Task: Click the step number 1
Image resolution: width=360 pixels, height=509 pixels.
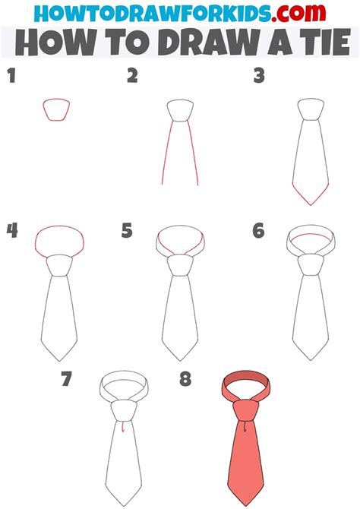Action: pyautogui.click(x=11, y=75)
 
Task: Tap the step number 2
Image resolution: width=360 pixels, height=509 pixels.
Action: pyautogui.click(x=133, y=75)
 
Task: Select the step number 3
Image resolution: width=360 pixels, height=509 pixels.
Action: pyautogui.click(x=259, y=75)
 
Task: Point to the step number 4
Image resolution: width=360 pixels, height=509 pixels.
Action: pyautogui.click(x=11, y=230)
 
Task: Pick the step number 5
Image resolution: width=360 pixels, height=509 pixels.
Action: pyautogui.click(x=127, y=230)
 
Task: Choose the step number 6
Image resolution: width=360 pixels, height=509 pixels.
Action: pyautogui.click(x=258, y=230)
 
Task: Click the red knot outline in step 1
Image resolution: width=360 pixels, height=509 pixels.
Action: pyautogui.click(x=57, y=109)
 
